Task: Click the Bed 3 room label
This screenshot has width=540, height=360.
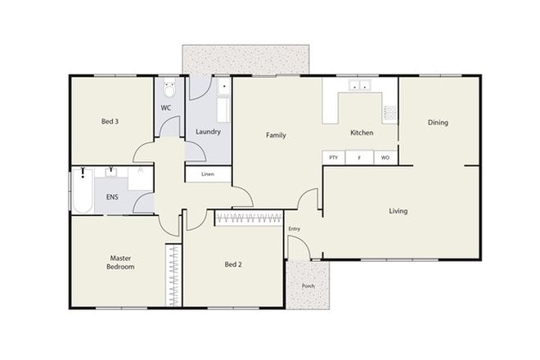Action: coord(110,122)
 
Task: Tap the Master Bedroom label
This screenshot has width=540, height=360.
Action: coord(120,262)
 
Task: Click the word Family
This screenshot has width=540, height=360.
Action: coord(276,134)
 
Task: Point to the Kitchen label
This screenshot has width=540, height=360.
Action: coord(362,133)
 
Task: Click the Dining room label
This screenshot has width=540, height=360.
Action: coord(438,123)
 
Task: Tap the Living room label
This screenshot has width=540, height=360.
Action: coord(398,211)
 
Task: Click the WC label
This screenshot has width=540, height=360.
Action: coord(166,108)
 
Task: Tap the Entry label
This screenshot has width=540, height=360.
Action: coord(295,229)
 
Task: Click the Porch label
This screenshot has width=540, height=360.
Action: coord(308,286)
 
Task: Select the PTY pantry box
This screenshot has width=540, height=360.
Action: coord(333,157)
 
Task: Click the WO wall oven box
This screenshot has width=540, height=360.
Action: coord(385,157)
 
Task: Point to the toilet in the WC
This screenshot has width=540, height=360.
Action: coord(169,87)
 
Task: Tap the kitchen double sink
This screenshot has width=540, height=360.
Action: coord(359,85)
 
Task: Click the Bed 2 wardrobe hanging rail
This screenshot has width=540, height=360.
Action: coord(250,218)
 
